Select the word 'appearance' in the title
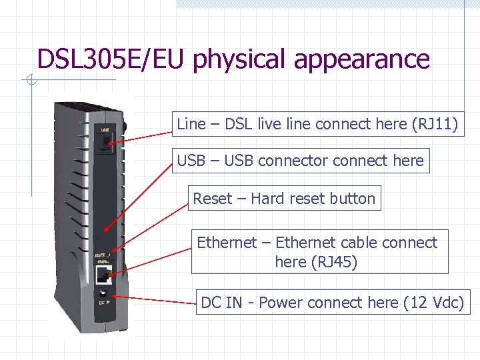point(361,60)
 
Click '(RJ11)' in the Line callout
point(436,124)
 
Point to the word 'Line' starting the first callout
point(191,124)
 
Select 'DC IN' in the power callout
point(221,303)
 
